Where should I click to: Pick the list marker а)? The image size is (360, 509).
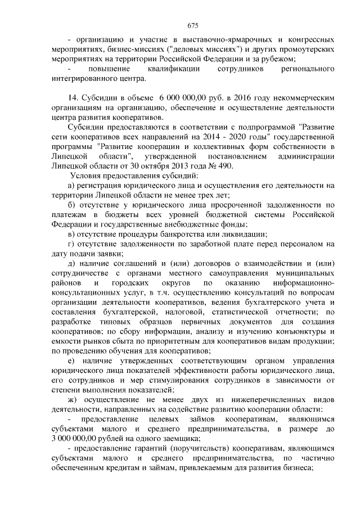[71, 184]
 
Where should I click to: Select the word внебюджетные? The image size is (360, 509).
[200, 223]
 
